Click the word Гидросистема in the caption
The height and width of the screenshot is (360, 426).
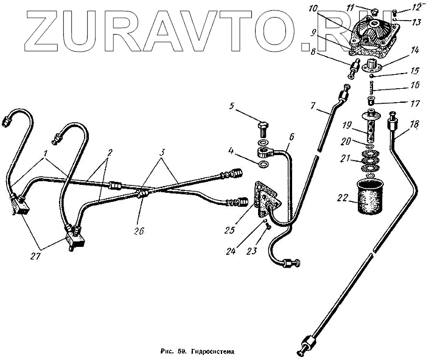coord(211,351)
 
